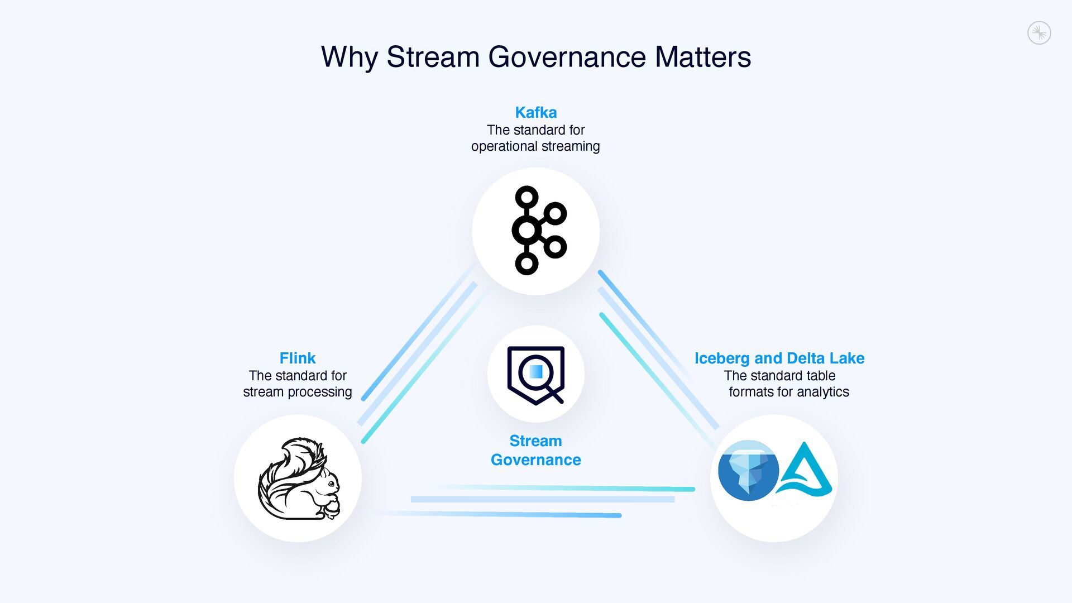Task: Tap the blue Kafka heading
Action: (535, 112)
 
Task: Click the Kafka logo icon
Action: (537, 231)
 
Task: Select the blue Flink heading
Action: (298, 358)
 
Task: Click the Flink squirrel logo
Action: (299, 479)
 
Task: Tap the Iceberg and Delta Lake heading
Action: (779, 358)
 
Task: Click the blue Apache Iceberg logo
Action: (748, 470)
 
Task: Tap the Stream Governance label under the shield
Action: (536, 450)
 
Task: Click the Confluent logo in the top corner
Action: (1039, 33)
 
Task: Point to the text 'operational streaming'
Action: (535, 146)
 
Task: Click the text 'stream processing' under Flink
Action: (298, 392)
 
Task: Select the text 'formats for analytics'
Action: (788, 392)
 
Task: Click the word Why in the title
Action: (349, 57)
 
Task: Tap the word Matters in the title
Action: (703, 57)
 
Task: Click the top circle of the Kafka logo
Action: (527, 197)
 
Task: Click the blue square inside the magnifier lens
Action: (536, 371)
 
